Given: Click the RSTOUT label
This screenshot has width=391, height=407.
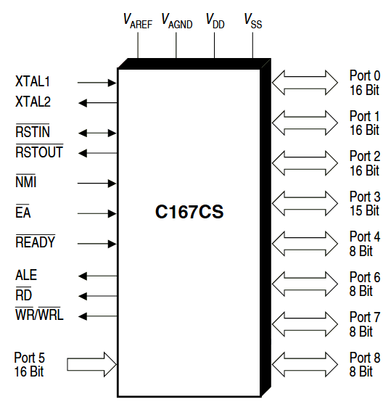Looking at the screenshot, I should [38, 152].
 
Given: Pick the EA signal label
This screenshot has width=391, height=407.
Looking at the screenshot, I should [23, 213].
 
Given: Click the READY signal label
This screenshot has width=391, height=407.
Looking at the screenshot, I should [35, 242].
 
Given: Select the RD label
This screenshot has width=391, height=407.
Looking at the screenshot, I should [23, 295].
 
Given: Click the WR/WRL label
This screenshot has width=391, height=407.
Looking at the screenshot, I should [39, 315].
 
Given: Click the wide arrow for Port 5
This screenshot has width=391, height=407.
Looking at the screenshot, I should [91, 364].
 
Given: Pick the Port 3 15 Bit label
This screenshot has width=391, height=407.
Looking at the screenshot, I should [364, 203].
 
